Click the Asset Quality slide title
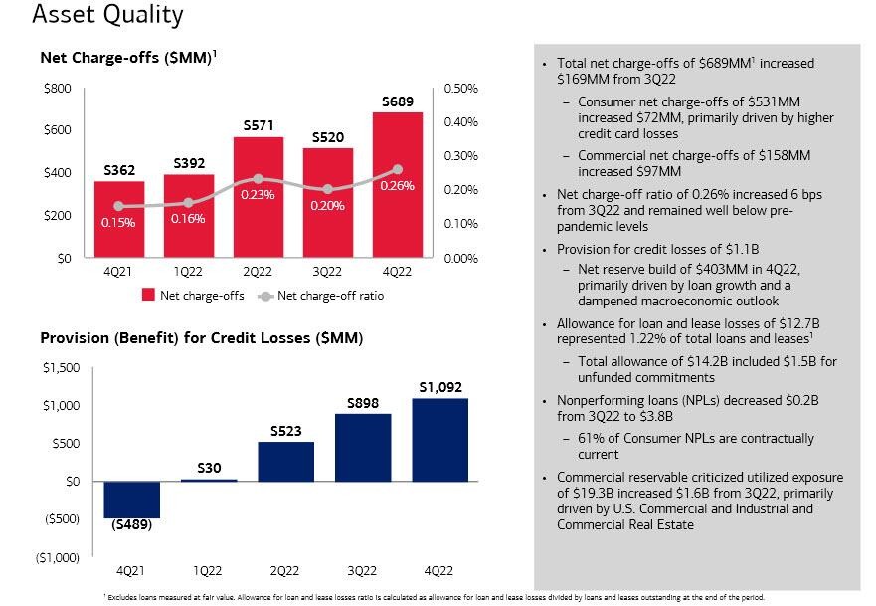93,15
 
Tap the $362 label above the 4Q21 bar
126,171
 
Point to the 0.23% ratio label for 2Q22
258,195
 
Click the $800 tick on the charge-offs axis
58,89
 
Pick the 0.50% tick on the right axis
461,89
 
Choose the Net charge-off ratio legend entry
329,296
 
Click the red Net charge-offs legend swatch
148,296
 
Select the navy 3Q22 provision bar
362,447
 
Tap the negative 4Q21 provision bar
131,500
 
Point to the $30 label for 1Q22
210,468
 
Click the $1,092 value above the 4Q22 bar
438,387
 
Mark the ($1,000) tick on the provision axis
57,557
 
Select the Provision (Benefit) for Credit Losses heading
202,338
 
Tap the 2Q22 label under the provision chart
284,570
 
